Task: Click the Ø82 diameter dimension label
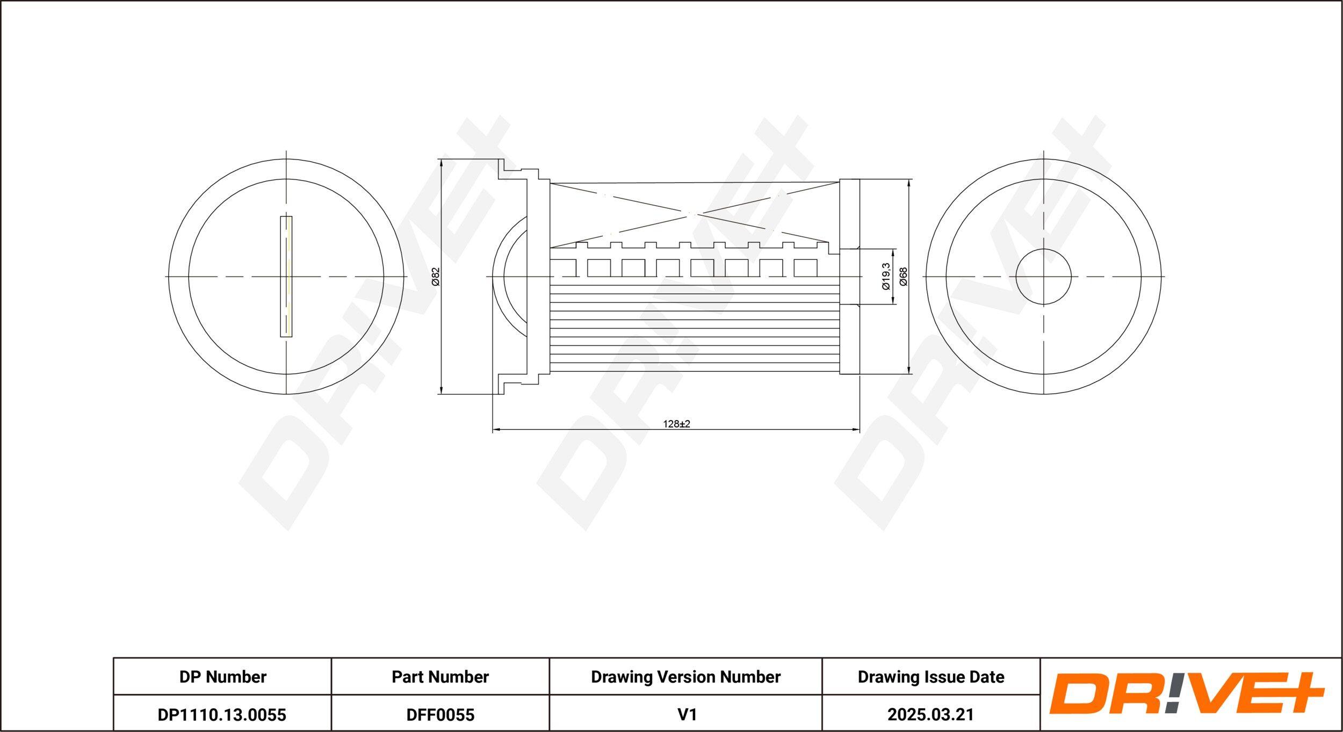436,277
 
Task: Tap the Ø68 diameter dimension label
903,277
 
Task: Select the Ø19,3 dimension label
886,277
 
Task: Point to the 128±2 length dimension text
676,424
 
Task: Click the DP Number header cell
222,677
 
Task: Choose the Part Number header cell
440,677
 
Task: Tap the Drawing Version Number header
685,677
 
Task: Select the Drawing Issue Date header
931,677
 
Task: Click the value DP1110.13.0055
222,714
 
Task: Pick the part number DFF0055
440,714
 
